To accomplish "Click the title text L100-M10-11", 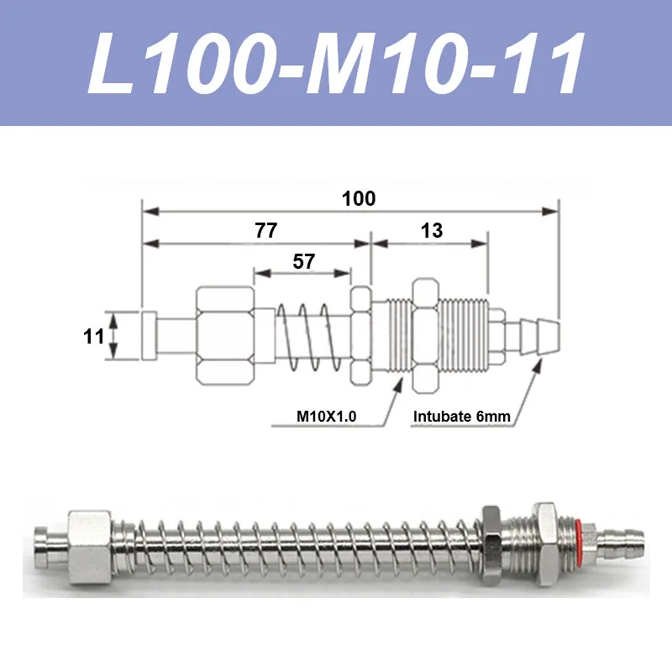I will tap(336, 66).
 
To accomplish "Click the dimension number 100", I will tap(359, 199).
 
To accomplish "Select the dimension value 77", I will tap(265, 231).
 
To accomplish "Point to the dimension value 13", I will tap(432, 231).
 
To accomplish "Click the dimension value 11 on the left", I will tap(94, 336).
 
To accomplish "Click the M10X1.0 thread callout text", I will tap(327, 415).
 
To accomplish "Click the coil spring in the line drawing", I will tap(311, 336).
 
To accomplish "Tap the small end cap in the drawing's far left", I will tap(150, 335).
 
